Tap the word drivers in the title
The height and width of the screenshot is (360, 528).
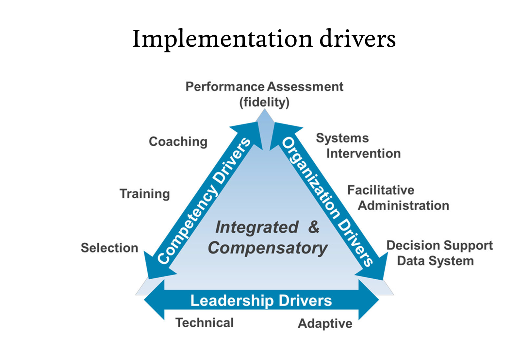357,39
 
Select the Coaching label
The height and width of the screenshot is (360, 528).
178,142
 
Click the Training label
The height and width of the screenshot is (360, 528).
145,194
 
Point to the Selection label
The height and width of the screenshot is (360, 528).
109,248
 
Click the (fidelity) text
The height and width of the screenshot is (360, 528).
264,102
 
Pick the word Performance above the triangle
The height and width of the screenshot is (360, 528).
225,87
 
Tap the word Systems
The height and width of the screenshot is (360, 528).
342,138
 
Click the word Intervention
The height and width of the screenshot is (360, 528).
363,154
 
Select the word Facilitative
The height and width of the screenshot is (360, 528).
381,190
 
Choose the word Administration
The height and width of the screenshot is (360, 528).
404,205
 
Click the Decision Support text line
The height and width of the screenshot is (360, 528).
439,245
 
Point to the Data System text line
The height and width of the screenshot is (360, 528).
435,261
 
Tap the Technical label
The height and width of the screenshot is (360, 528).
205,323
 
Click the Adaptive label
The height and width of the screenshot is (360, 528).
325,323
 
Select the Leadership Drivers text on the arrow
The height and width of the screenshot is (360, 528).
261,301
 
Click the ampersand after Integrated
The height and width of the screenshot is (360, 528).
314,227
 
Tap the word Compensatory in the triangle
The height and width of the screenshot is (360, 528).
268,248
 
